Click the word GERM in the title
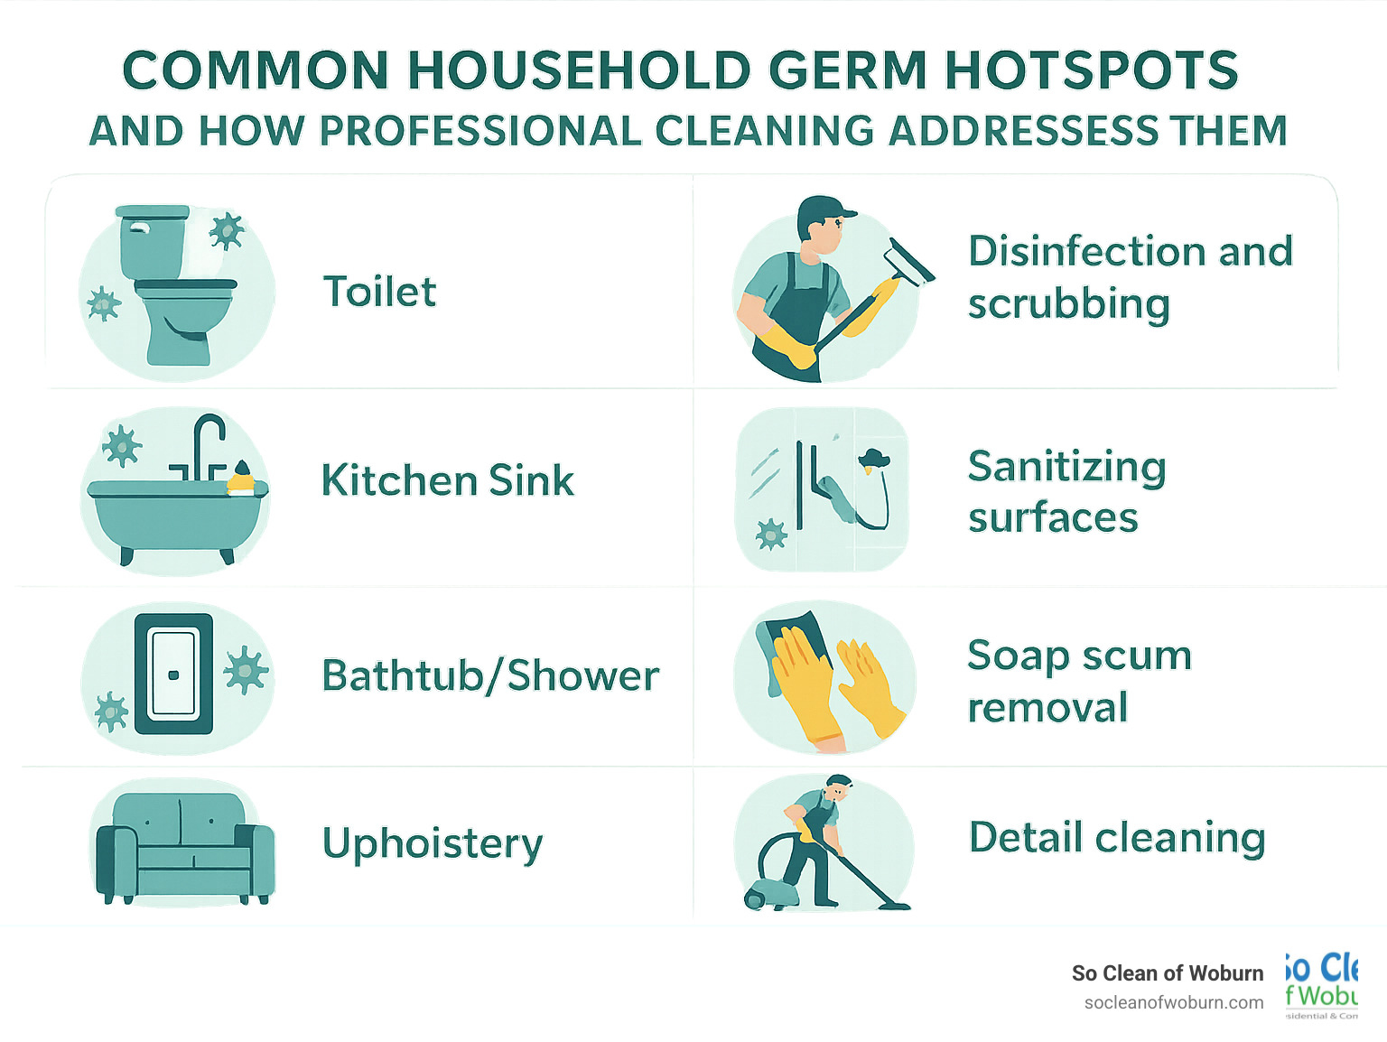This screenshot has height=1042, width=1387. (x=848, y=70)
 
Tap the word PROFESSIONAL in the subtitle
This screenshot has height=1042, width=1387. (x=479, y=132)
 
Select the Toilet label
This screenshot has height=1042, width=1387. (x=379, y=292)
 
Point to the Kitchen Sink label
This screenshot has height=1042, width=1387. (x=448, y=480)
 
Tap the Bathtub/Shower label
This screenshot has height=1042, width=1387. (x=490, y=675)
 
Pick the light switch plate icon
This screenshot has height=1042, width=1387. (x=173, y=674)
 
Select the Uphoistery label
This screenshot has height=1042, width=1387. (x=433, y=843)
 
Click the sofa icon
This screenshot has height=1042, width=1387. (x=184, y=848)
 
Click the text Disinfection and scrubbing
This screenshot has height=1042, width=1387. (x=1129, y=277)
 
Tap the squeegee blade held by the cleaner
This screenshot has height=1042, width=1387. (x=910, y=261)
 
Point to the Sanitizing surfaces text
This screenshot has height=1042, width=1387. (x=1066, y=492)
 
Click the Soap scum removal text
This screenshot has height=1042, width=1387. (x=1079, y=681)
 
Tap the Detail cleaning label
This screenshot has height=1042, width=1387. (x=1116, y=838)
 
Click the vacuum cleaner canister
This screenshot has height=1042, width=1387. (x=774, y=893)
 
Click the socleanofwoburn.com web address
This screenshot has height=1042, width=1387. (x=1173, y=1002)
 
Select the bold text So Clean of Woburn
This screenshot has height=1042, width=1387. (x=1167, y=973)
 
